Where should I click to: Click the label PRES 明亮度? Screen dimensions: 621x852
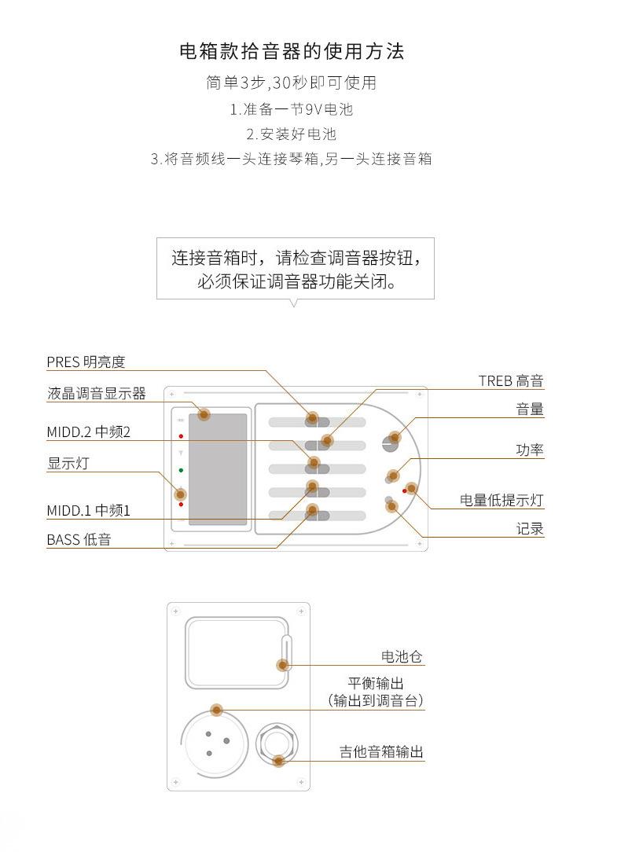(86, 362)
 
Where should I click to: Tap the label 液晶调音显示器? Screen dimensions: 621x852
(97, 394)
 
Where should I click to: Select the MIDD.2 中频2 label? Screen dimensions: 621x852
(89, 432)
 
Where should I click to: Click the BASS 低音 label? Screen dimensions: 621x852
(79, 539)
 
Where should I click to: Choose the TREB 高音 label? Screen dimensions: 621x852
(511, 381)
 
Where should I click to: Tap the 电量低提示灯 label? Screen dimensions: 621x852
(502, 500)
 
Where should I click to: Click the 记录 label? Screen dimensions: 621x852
(530, 529)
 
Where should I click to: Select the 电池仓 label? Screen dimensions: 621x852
(402, 656)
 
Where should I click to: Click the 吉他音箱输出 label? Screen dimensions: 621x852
(381, 751)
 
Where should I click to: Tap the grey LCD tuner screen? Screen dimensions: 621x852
(218, 469)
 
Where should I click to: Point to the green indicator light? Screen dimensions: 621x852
(181, 470)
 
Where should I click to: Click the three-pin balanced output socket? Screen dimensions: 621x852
(214, 744)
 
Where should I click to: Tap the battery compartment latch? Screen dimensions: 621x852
(286, 651)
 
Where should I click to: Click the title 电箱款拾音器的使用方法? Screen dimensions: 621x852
(292, 52)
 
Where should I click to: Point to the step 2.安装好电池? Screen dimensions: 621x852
(291, 134)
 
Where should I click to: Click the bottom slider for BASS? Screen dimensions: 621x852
(318, 515)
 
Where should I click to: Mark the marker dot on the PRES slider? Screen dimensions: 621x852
(312, 418)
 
